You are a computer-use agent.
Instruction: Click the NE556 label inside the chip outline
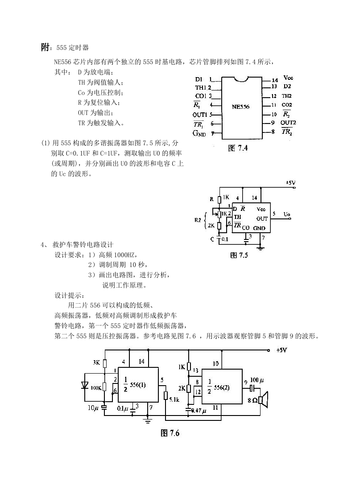click(x=240, y=107)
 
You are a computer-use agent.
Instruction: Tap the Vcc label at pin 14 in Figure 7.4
click(x=288, y=78)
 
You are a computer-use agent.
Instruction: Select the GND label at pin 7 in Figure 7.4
click(x=199, y=133)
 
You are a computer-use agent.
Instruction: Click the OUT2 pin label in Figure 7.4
click(x=288, y=123)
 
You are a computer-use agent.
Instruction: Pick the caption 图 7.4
click(x=238, y=148)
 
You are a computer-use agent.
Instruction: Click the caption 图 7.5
click(x=239, y=255)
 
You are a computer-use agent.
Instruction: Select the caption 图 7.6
click(x=170, y=433)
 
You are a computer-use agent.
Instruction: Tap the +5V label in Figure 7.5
click(x=290, y=183)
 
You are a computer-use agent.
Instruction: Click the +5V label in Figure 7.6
click(x=281, y=350)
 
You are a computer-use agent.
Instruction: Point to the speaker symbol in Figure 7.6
click(x=263, y=400)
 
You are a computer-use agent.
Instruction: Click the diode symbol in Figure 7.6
click(x=85, y=385)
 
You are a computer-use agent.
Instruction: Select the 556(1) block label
click(x=138, y=385)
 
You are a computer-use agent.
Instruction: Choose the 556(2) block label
click(x=222, y=387)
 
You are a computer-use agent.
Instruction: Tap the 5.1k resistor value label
click(x=174, y=399)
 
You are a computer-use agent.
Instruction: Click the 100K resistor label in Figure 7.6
click(x=96, y=388)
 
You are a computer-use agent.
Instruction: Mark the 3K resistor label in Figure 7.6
click(x=97, y=362)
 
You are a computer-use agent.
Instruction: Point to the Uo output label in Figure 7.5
click(x=286, y=214)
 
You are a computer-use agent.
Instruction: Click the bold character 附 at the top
click(x=45, y=47)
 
